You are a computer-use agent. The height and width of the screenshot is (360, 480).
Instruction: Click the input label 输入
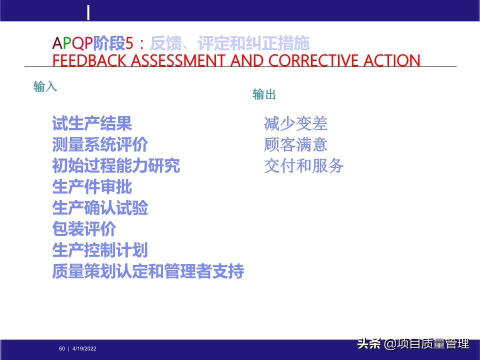[x=45, y=87]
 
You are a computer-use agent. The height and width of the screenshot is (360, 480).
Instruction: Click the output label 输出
[x=264, y=94]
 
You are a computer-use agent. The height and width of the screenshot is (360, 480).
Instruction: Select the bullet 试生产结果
[x=92, y=123]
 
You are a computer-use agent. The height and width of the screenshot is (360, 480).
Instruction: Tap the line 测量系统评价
[x=100, y=144]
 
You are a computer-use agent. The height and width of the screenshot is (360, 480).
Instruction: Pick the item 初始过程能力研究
[x=116, y=165]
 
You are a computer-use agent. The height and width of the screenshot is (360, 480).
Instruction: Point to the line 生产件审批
[x=92, y=187]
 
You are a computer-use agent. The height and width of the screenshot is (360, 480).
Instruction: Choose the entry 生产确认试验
[x=100, y=208]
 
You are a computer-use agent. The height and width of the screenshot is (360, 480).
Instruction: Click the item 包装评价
[x=84, y=229]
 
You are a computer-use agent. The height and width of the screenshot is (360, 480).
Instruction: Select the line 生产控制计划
[x=100, y=250]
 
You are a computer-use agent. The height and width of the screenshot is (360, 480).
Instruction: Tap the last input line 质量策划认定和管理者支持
[x=148, y=272]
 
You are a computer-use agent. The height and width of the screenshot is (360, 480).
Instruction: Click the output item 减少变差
[x=295, y=123]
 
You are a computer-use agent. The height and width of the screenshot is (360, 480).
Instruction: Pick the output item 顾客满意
[x=295, y=145]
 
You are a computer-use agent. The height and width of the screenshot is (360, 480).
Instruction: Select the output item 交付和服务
[x=303, y=166]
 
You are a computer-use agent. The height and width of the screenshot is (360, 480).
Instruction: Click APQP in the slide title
[x=72, y=44]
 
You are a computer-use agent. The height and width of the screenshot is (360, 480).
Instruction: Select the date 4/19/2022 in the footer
[x=84, y=348]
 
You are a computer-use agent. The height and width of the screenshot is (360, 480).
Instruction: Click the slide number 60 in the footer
[x=62, y=348]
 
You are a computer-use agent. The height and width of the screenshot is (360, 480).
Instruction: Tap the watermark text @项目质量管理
[x=426, y=344]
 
